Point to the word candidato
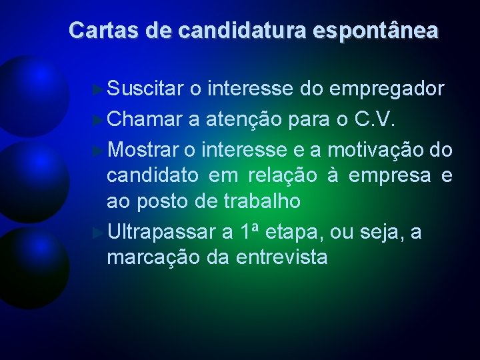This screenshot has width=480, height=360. click(x=153, y=176)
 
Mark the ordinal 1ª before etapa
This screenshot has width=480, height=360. click(x=249, y=233)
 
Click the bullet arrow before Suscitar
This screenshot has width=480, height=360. click(x=99, y=89)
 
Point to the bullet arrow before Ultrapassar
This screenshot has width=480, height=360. click(x=99, y=233)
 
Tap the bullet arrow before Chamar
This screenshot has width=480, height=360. click(x=99, y=119)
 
